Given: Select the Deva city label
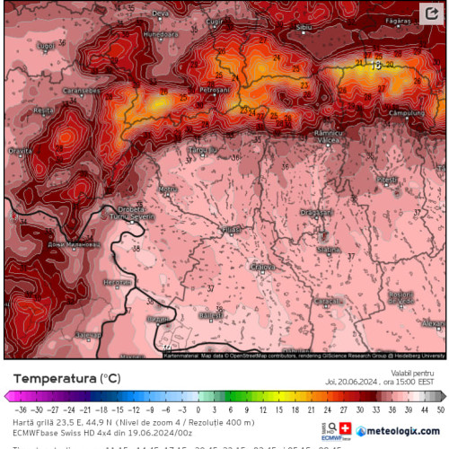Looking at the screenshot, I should (161, 13).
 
